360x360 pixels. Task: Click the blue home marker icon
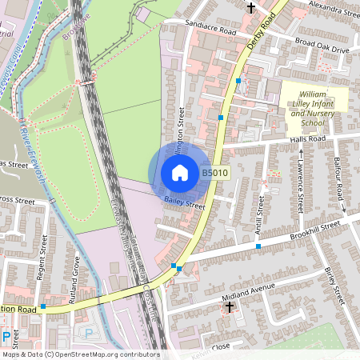(180, 172)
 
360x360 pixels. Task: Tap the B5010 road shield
(214, 172)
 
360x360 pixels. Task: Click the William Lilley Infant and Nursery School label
(314, 107)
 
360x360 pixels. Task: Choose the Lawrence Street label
(301, 182)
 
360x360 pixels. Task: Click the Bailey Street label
(185, 205)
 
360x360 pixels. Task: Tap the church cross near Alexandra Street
(251, 8)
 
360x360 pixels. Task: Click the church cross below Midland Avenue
(230, 307)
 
